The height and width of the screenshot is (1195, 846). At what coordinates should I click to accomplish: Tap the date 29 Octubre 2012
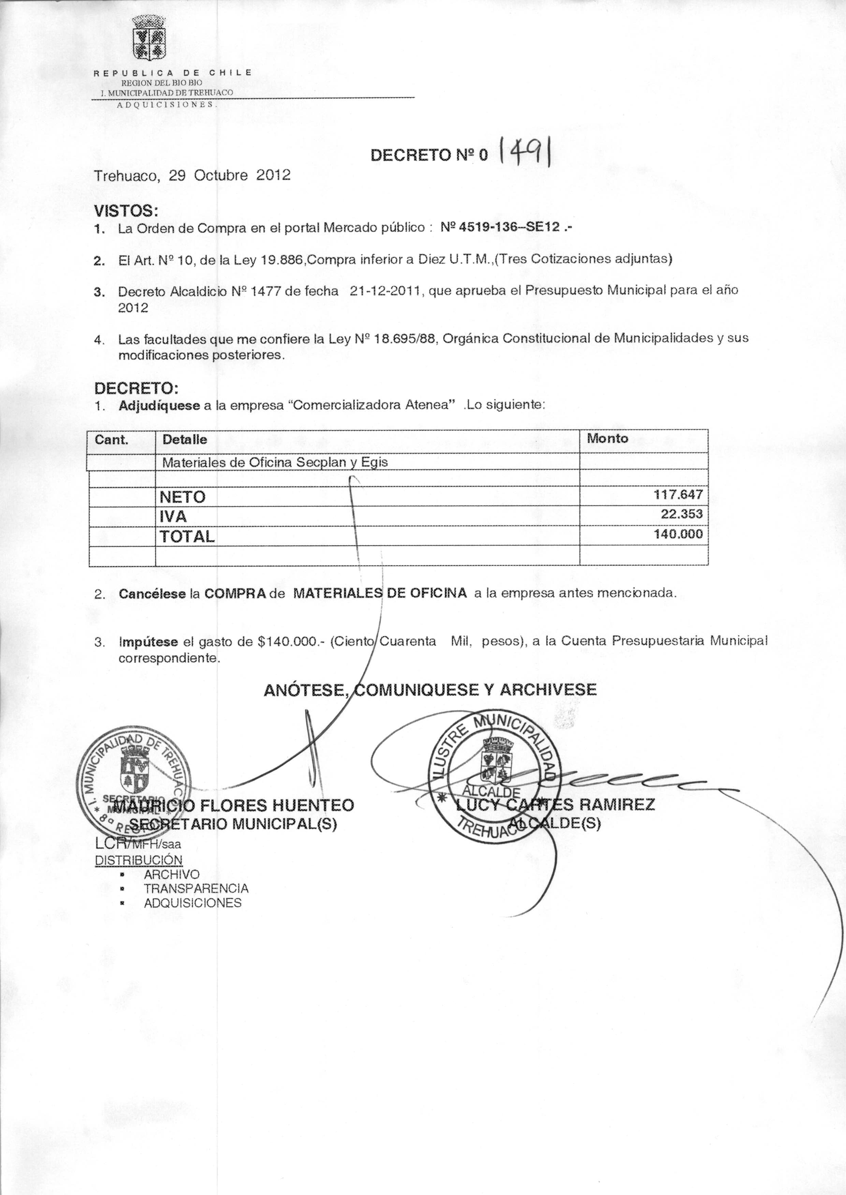(x=230, y=175)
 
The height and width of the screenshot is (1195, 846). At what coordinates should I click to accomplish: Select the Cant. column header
(x=112, y=440)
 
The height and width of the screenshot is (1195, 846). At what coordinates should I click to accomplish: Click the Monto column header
(x=608, y=439)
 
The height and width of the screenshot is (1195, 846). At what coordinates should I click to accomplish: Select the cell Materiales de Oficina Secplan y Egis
(x=275, y=462)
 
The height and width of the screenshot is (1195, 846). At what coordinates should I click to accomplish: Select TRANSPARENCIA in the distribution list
(x=196, y=888)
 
